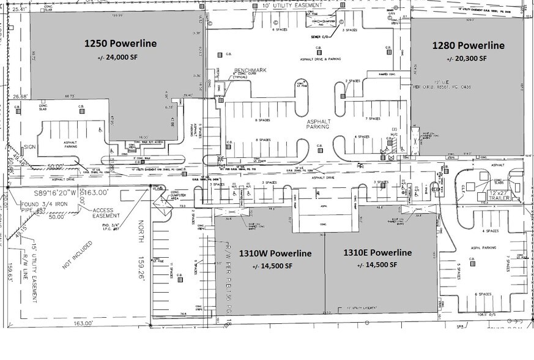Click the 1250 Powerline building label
pos(120,43)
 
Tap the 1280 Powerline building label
pos(468,45)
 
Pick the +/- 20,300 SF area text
pos(468,59)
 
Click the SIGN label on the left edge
pos(30,147)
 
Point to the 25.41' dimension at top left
pos(17,9)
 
